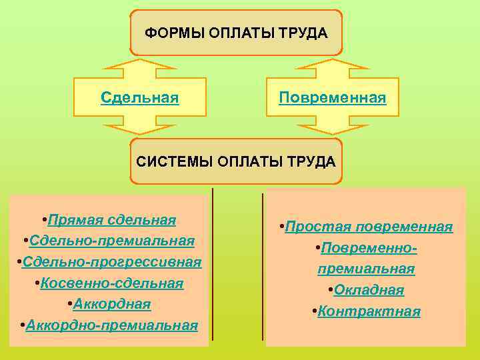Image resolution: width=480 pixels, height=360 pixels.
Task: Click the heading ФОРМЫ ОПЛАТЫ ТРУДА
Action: [237, 33]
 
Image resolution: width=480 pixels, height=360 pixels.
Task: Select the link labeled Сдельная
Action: [139, 98]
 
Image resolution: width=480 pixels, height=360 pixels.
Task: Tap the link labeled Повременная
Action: [332, 98]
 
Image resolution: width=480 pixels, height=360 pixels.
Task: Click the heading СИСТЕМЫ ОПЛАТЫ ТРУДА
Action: [236, 161]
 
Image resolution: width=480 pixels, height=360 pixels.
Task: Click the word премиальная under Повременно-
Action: [366, 269]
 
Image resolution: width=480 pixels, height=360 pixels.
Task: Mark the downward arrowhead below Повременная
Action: [332, 128]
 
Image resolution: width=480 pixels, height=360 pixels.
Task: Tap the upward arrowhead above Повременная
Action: [332, 67]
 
